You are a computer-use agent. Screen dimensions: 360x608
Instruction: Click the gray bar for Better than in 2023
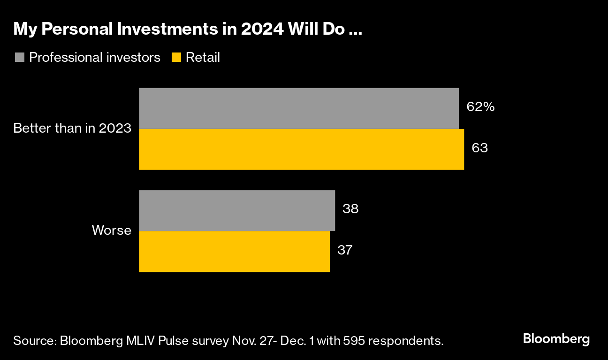[298, 108]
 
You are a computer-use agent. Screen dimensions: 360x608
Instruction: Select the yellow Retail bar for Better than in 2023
[301, 149]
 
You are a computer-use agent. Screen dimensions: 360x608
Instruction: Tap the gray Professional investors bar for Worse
[237, 210]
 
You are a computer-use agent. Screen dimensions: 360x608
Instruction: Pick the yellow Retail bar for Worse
[234, 251]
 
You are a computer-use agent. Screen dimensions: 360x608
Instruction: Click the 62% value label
[480, 107]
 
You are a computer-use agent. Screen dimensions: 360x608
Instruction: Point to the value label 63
[480, 148]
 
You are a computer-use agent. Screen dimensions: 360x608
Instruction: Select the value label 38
[350, 209]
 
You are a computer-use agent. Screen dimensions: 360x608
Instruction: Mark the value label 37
[345, 250]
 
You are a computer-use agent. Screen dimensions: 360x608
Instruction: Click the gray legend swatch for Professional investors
[20, 58]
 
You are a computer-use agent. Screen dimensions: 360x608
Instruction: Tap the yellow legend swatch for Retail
[176, 58]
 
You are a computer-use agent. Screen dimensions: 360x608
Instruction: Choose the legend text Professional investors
[95, 58]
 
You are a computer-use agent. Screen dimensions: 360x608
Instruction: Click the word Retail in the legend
[203, 58]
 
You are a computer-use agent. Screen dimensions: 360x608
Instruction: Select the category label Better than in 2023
[72, 128]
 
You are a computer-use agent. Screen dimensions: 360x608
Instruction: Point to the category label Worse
[111, 230]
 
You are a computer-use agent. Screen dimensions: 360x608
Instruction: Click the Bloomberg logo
[556, 339]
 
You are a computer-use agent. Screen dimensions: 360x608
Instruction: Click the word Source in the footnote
[34, 341]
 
